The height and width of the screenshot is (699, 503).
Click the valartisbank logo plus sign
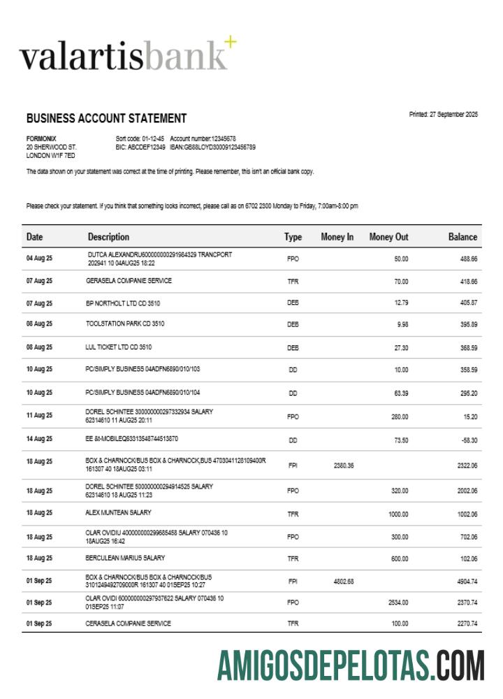[230, 44]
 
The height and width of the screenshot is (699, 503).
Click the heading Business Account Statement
[106, 118]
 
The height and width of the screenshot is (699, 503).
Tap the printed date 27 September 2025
[443, 115]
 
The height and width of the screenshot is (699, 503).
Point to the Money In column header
[337, 237]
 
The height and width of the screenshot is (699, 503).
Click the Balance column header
[462, 237]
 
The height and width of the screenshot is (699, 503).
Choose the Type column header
[293, 237]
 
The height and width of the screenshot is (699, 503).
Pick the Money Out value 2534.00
[398, 602]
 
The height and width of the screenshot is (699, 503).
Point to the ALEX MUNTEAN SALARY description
[118, 512]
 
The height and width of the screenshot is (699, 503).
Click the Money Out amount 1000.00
[398, 514]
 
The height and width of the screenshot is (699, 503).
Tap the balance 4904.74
[465, 582]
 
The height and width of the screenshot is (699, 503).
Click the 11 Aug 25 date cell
[39, 415]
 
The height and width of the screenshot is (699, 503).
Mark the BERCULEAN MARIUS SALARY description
[125, 558]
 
